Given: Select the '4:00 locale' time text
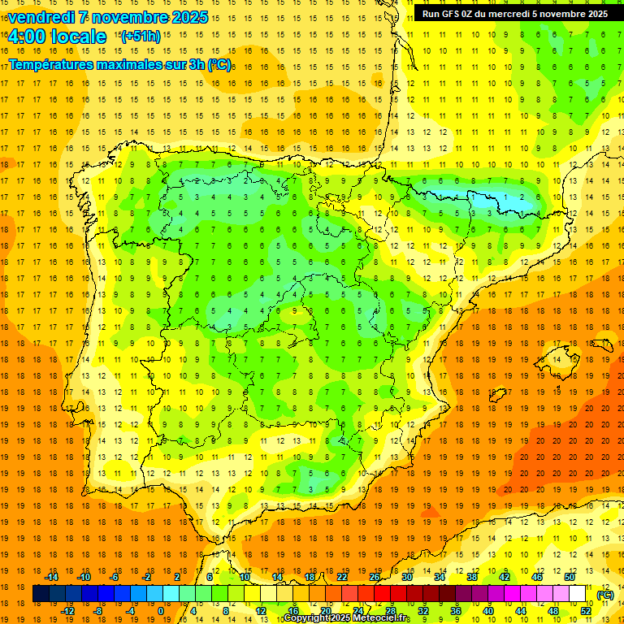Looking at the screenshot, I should click(57, 37).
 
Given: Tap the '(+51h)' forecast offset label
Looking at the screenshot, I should click(140, 36).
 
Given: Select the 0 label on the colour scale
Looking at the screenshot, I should click(161, 611).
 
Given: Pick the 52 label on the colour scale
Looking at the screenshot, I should click(586, 611).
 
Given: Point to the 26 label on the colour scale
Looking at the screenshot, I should click(375, 577).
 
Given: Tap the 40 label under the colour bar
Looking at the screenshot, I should click(488, 611).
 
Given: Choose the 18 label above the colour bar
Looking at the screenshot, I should click(310, 577).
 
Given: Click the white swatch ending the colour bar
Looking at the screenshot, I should click(578, 594).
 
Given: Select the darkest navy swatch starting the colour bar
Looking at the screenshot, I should click(41, 594).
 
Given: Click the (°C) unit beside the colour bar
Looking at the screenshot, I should click(605, 594).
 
